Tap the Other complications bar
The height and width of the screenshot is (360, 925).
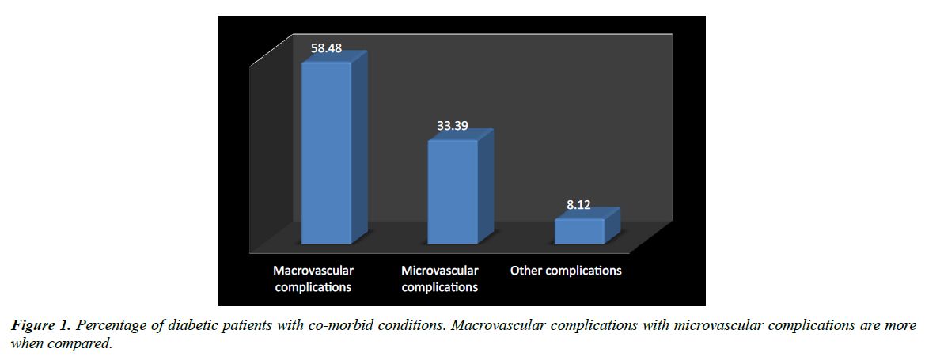(x=578, y=231)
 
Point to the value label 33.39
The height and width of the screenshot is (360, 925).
(x=454, y=126)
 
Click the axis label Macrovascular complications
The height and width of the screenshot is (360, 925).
(x=313, y=279)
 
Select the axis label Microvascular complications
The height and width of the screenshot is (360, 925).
(x=439, y=279)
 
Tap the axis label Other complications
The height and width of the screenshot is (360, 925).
(x=566, y=271)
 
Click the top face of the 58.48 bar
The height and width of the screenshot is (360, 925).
(x=335, y=58)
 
